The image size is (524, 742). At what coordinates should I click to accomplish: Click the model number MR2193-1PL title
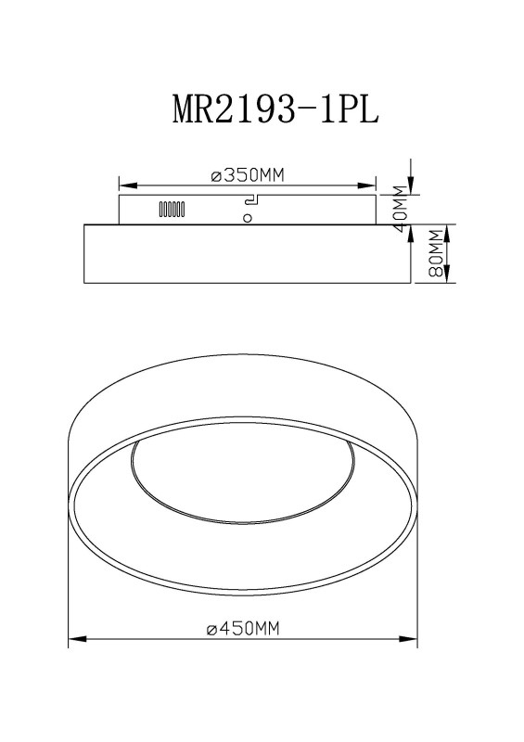pyautogui.click(x=275, y=109)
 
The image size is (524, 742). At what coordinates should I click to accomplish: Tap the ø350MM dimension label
pyautogui.click(x=248, y=175)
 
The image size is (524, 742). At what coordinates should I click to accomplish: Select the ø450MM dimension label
pyautogui.click(x=243, y=629)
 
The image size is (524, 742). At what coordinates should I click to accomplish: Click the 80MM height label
pyautogui.click(x=436, y=253)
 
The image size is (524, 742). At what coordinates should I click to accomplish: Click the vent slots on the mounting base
pyautogui.click(x=172, y=209)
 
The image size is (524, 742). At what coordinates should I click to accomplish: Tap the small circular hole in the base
pyautogui.click(x=247, y=218)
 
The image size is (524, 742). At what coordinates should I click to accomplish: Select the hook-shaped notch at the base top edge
pyautogui.click(x=251, y=199)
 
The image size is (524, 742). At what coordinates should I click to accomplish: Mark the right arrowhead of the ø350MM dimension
pyautogui.click(x=367, y=185)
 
